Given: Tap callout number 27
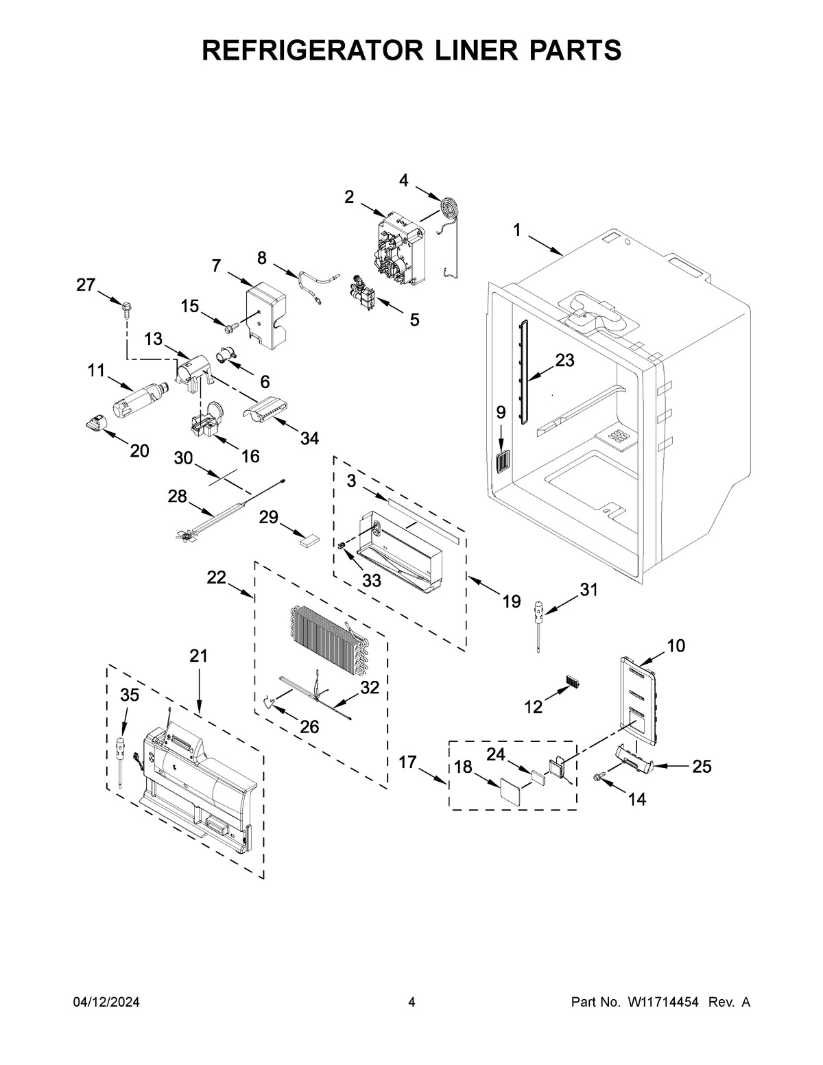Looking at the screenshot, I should (x=86, y=285).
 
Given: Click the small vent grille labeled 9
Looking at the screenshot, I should (x=501, y=463).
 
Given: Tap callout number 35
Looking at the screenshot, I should (x=129, y=695).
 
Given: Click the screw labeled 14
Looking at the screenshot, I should (x=598, y=776).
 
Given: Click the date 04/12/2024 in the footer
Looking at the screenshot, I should (x=106, y=1003).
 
